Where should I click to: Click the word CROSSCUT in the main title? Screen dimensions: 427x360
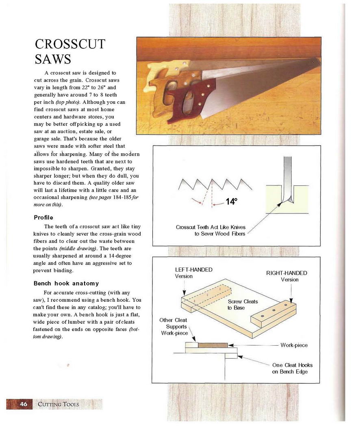[x=70, y=44]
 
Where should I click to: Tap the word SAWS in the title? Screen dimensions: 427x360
[x=53, y=59]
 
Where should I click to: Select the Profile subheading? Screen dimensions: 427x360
[x=43, y=218]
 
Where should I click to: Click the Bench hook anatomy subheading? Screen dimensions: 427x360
[x=66, y=283]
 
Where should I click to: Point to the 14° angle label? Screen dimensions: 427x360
[x=231, y=201]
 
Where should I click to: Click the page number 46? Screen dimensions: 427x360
[x=24, y=404]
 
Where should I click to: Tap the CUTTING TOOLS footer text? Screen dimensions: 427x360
[x=59, y=404]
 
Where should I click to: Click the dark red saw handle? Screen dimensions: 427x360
[x=184, y=103]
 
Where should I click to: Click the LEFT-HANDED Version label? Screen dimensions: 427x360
[x=193, y=273]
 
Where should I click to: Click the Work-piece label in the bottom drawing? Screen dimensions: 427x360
[x=294, y=345]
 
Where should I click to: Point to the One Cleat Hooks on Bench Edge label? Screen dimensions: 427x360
[x=292, y=368]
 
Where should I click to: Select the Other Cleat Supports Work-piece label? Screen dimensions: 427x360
[x=174, y=327]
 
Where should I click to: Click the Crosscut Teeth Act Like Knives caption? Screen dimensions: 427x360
[x=210, y=231]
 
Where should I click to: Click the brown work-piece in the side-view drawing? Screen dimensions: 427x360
[x=213, y=345]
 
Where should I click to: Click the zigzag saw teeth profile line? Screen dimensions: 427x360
[x=215, y=184]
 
